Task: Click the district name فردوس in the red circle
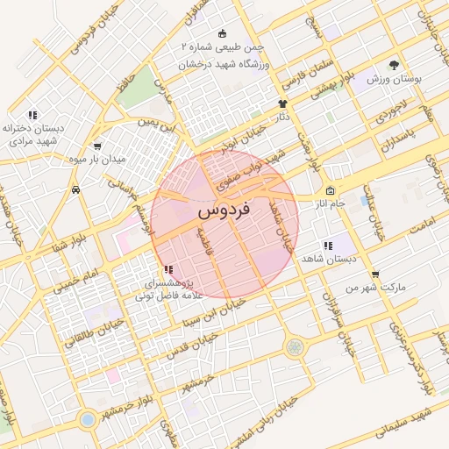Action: click(x=224, y=210)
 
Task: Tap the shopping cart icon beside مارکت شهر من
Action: click(x=375, y=274)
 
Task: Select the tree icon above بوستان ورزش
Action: click(x=394, y=65)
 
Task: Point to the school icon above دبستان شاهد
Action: click(x=327, y=246)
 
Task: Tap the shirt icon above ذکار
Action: click(x=282, y=103)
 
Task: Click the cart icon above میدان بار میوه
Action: click(x=96, y=146)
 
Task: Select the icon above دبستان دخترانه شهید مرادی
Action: click(x=32, y=115)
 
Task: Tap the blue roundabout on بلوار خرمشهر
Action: click(x=88, y=419)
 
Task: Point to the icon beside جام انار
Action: click(x=330, y=191)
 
